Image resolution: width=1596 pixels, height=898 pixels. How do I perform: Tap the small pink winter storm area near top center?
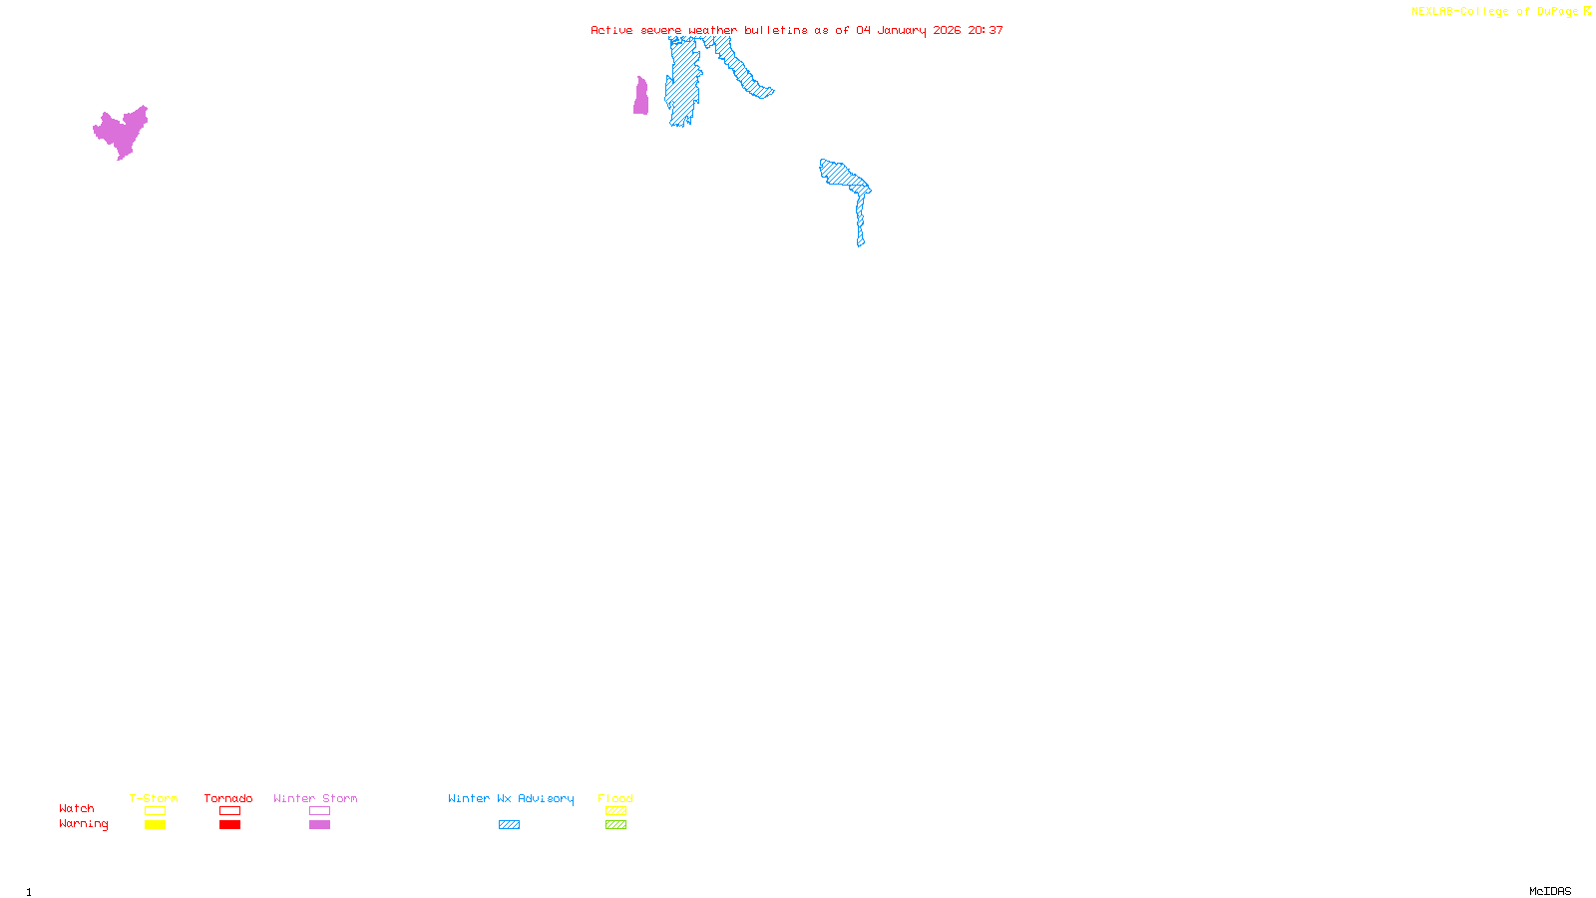coord(640,99)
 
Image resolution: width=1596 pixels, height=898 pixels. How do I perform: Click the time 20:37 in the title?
coord(986,30)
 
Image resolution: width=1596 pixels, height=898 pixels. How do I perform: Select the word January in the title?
coord(901,30)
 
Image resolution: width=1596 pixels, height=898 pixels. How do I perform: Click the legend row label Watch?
coord(77,808)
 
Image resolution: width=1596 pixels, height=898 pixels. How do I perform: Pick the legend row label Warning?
coord(83,824)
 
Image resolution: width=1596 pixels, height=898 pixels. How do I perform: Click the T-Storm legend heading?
coord(154,798)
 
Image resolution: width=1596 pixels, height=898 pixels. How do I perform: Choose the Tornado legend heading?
coord(228,798)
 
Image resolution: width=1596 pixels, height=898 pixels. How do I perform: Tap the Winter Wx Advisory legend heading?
coord(511,798)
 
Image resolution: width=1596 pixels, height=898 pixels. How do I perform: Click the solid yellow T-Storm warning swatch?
coord(155,825)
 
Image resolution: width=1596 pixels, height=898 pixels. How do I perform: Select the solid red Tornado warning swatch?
coord(229,825)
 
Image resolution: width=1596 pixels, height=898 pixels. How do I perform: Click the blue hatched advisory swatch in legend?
coord(509,825)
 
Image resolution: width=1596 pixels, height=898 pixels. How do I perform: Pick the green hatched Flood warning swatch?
coord(615,825)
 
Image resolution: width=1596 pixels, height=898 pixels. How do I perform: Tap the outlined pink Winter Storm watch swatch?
coord(319,811)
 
